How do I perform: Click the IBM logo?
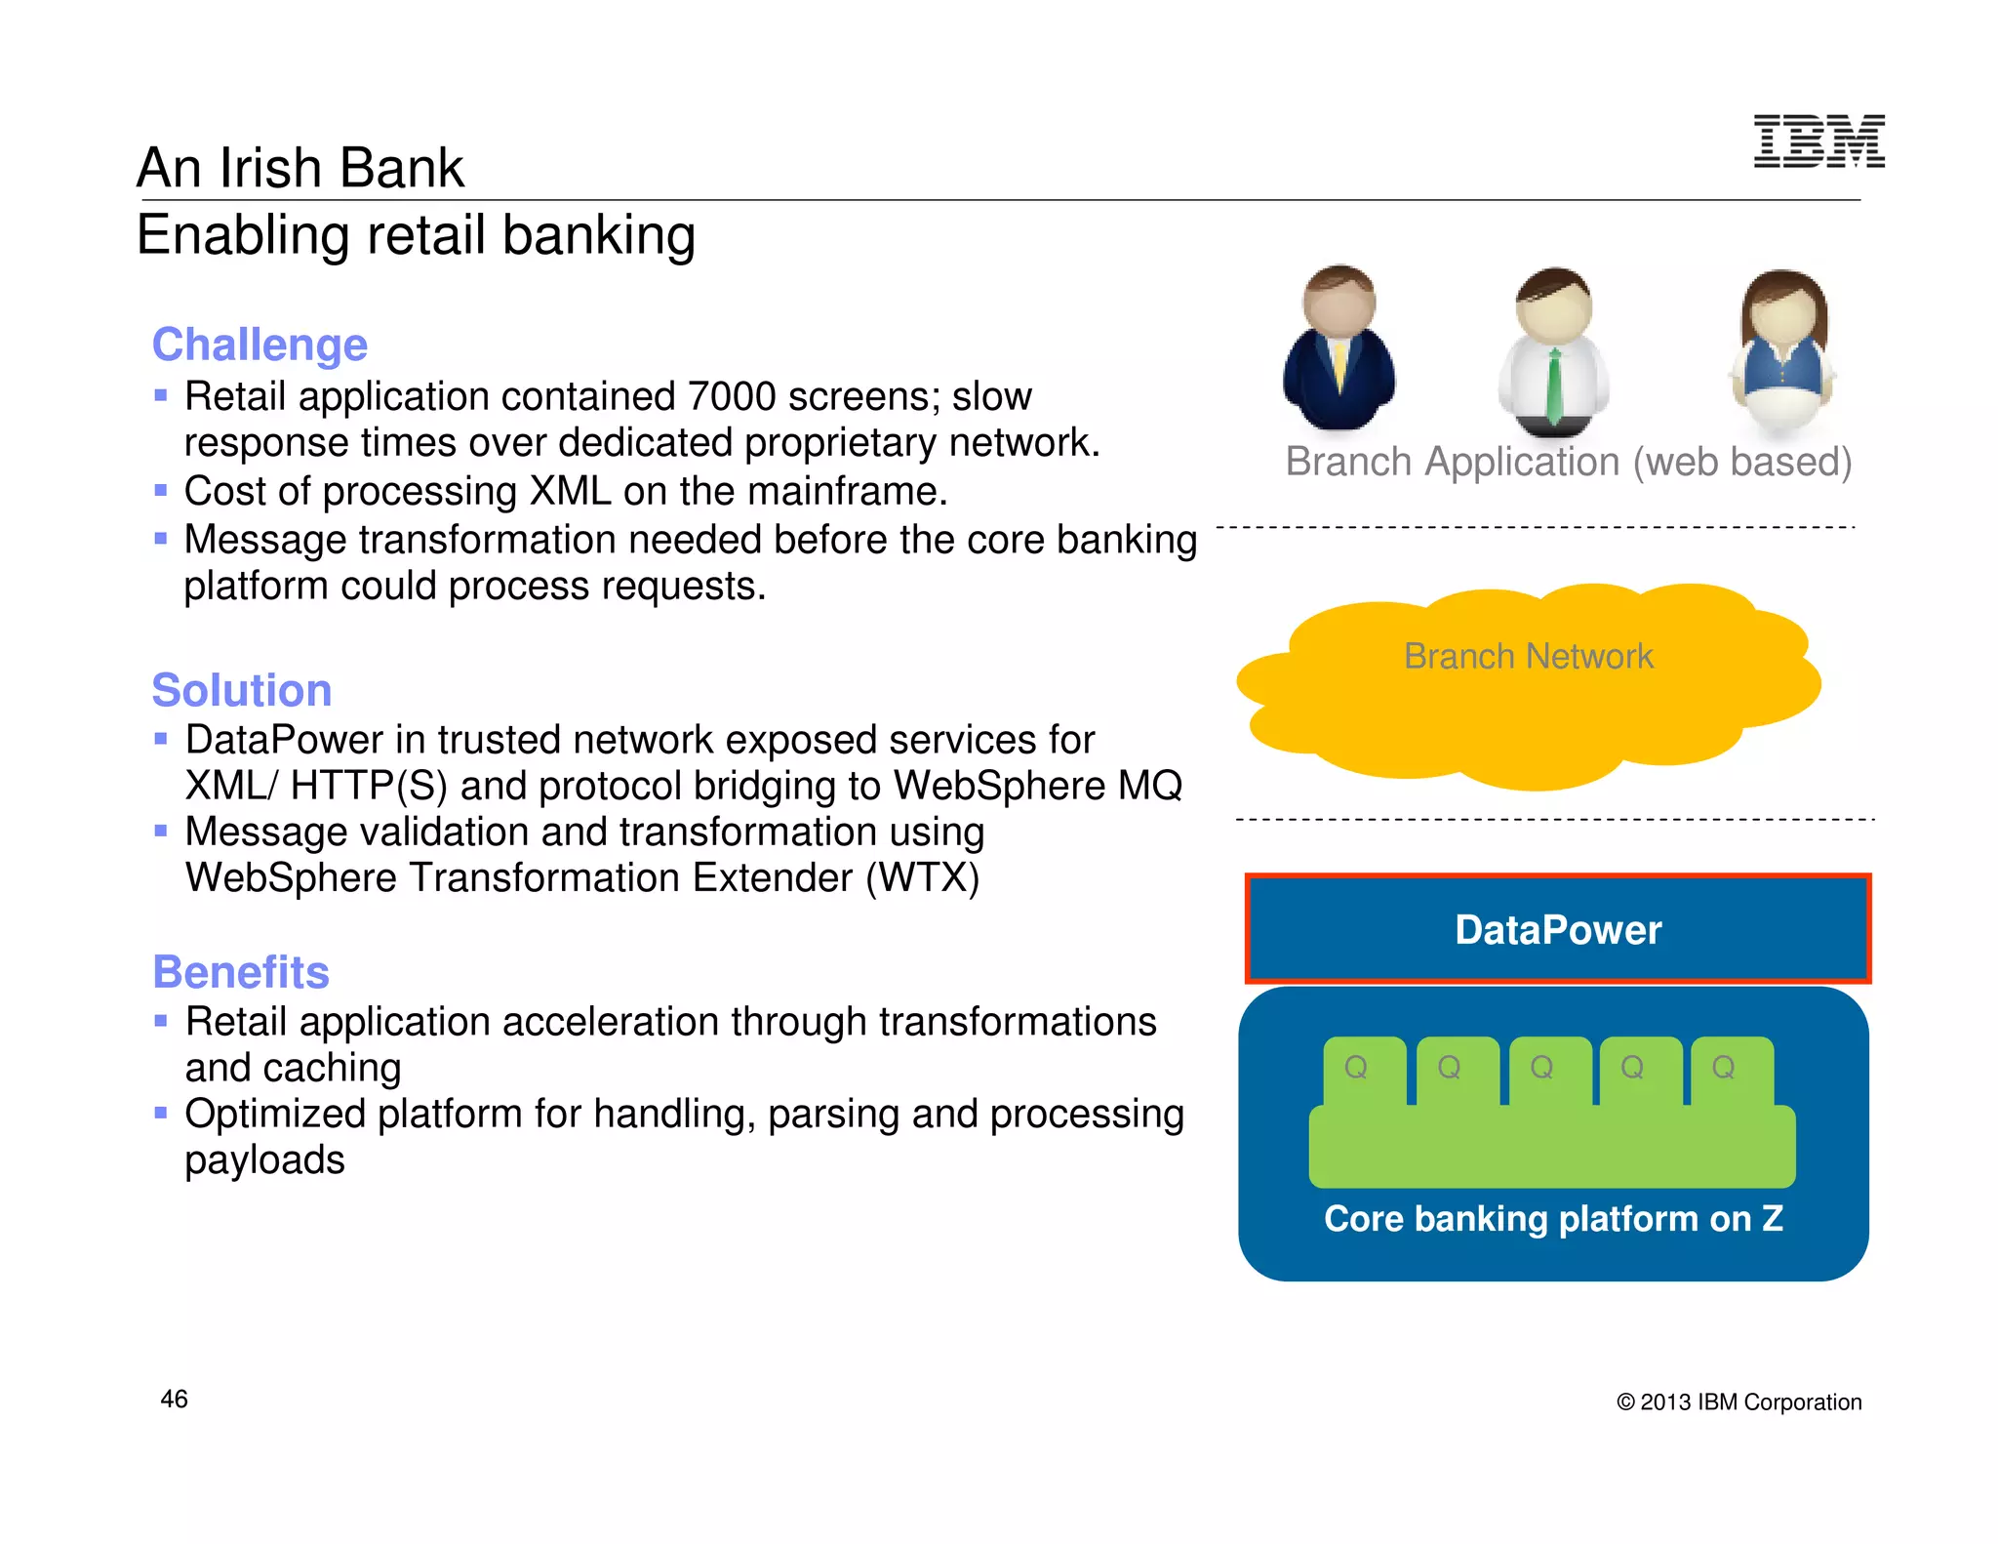(x=1818, y=142)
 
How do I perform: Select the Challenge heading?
(x=260, y=345)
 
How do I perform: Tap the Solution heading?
(x=242, y=690)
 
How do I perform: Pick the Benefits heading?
(x=241, y=972)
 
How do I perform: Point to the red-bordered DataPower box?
(x=1558, y=929)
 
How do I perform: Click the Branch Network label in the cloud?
(x=1528, y=656)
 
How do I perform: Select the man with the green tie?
(x=1554, y=353)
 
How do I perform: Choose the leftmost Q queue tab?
(x=1356, y=1068)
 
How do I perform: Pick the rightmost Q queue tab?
(x=1724, y=1068)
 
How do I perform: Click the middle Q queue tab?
(x=1541, y=1068)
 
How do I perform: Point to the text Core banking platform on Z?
(x=1553, y=1218)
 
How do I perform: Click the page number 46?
(x=174, y=1400)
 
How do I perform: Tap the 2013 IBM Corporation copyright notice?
(x=1739, y=1402)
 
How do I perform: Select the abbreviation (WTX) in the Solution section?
(x=922, y=877)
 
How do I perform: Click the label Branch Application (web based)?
(x=1568, y=462)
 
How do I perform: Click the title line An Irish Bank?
(x=300, y=168)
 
